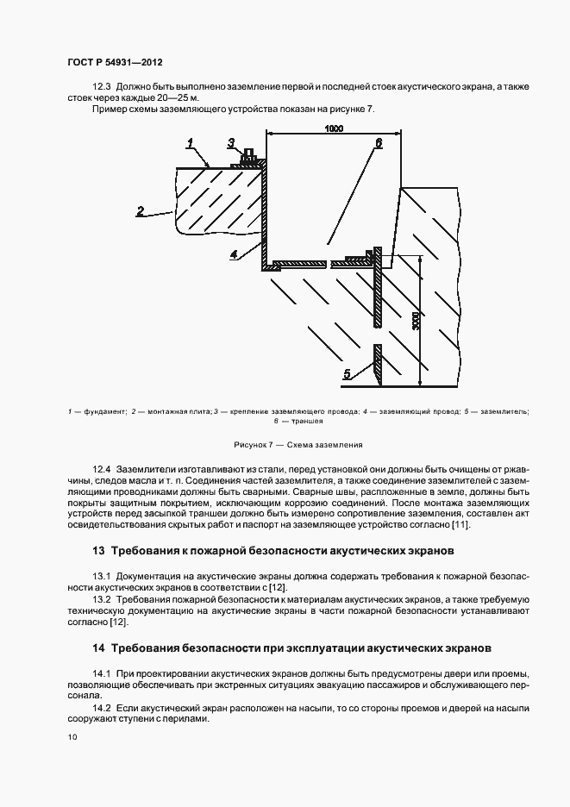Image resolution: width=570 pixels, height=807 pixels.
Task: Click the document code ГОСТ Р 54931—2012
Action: coord(114,63)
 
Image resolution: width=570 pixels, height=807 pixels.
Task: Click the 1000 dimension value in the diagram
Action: coord(334,128)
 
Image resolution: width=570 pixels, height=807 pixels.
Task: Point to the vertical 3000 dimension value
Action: coord(416,320)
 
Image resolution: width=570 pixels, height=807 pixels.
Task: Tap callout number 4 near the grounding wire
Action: coord(234,253)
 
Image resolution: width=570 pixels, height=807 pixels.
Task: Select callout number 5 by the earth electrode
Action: coord(348,373)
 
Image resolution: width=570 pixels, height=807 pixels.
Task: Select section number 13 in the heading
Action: coord(97,550)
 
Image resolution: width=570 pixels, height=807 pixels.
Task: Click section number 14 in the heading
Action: coord(97,647)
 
